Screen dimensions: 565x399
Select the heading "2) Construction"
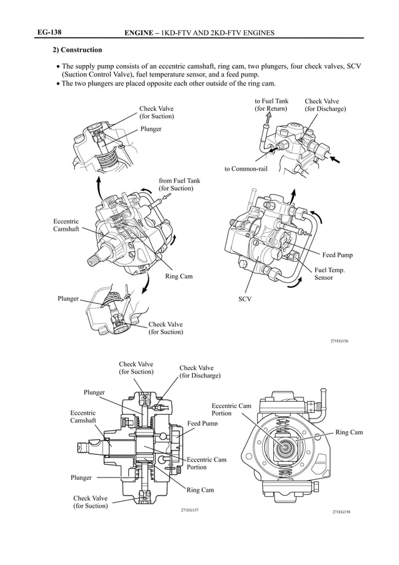click(x=77, y=49)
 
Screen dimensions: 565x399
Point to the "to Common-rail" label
click(x=246, y=170)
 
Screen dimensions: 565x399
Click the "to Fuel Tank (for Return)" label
click(x=271, y=104)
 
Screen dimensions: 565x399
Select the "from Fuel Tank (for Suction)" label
click(x=179, y=185)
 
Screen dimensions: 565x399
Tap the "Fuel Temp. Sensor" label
click(x=330, y=273)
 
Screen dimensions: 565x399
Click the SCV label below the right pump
click(x=245, y=299)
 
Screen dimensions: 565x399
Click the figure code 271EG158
click(x=341, y=512)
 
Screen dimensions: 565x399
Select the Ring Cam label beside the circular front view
click(x=348, y=432)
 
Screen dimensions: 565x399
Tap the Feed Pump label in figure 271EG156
click(x=337, y=255)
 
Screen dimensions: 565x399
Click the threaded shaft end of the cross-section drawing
click(x=83, y=447)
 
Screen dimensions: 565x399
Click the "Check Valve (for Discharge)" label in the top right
click(x=325, y=104)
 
